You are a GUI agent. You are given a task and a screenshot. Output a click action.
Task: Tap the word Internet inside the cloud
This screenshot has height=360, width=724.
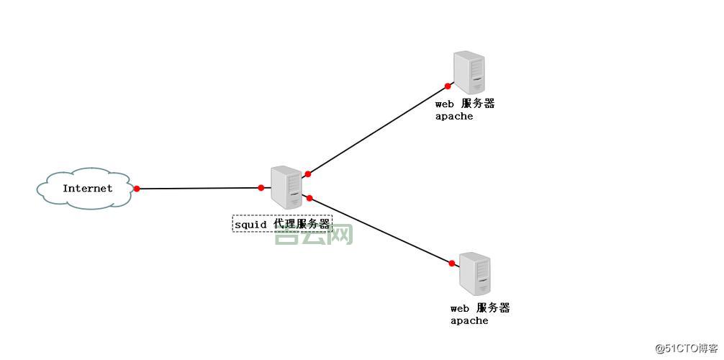pos(87,189)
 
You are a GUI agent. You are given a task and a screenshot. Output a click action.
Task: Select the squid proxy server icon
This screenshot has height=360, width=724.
pos(286,187)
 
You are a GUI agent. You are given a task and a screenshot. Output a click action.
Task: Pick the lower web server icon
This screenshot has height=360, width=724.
pos(475,274)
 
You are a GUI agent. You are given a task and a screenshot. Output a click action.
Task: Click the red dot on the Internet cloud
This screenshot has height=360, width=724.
pos(137,189)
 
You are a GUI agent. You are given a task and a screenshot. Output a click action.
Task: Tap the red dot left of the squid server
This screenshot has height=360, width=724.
pos(261,188)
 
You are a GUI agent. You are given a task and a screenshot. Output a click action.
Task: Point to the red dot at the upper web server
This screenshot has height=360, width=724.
pos(448,86)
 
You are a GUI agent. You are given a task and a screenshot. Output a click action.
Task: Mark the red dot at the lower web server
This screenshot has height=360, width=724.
pos(452,264)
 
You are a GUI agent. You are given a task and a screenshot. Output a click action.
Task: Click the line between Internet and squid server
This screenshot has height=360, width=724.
pos(199,189)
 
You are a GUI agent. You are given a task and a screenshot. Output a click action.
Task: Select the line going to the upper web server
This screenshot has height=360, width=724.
pos(378,130)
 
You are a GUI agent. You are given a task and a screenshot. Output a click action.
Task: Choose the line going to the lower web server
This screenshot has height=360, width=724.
pos(380,230)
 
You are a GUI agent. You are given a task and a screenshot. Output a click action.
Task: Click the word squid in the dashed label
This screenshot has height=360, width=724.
pos(250,225)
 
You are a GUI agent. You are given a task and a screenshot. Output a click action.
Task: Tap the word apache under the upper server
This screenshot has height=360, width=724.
pos(454,117)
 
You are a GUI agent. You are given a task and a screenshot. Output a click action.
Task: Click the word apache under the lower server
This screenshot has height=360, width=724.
pos(469,321)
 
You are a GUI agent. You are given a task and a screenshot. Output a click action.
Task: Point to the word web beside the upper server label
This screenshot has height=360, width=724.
pos(445,104)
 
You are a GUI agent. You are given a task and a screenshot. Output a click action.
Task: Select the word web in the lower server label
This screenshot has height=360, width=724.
pos(460,308)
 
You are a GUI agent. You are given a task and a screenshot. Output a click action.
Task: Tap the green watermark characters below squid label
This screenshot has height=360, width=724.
pos(314,235)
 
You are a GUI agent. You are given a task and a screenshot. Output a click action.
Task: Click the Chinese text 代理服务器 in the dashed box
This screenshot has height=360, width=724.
pos(302,225)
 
